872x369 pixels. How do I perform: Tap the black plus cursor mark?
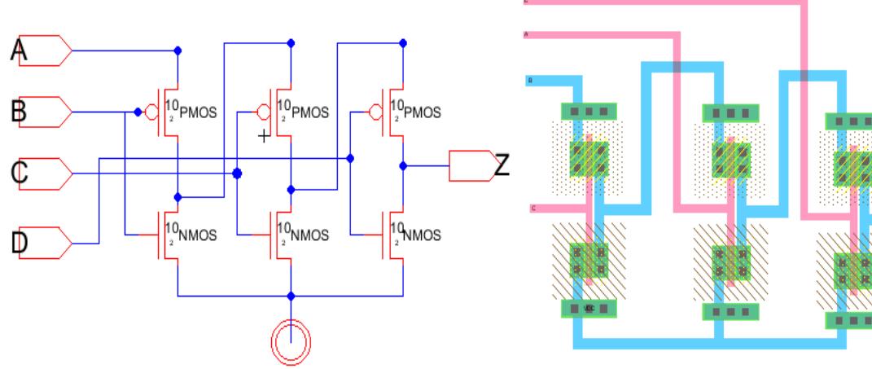point(263,136)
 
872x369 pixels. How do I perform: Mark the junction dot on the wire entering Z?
point(403,165)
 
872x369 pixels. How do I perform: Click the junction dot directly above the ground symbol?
point(291,296)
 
